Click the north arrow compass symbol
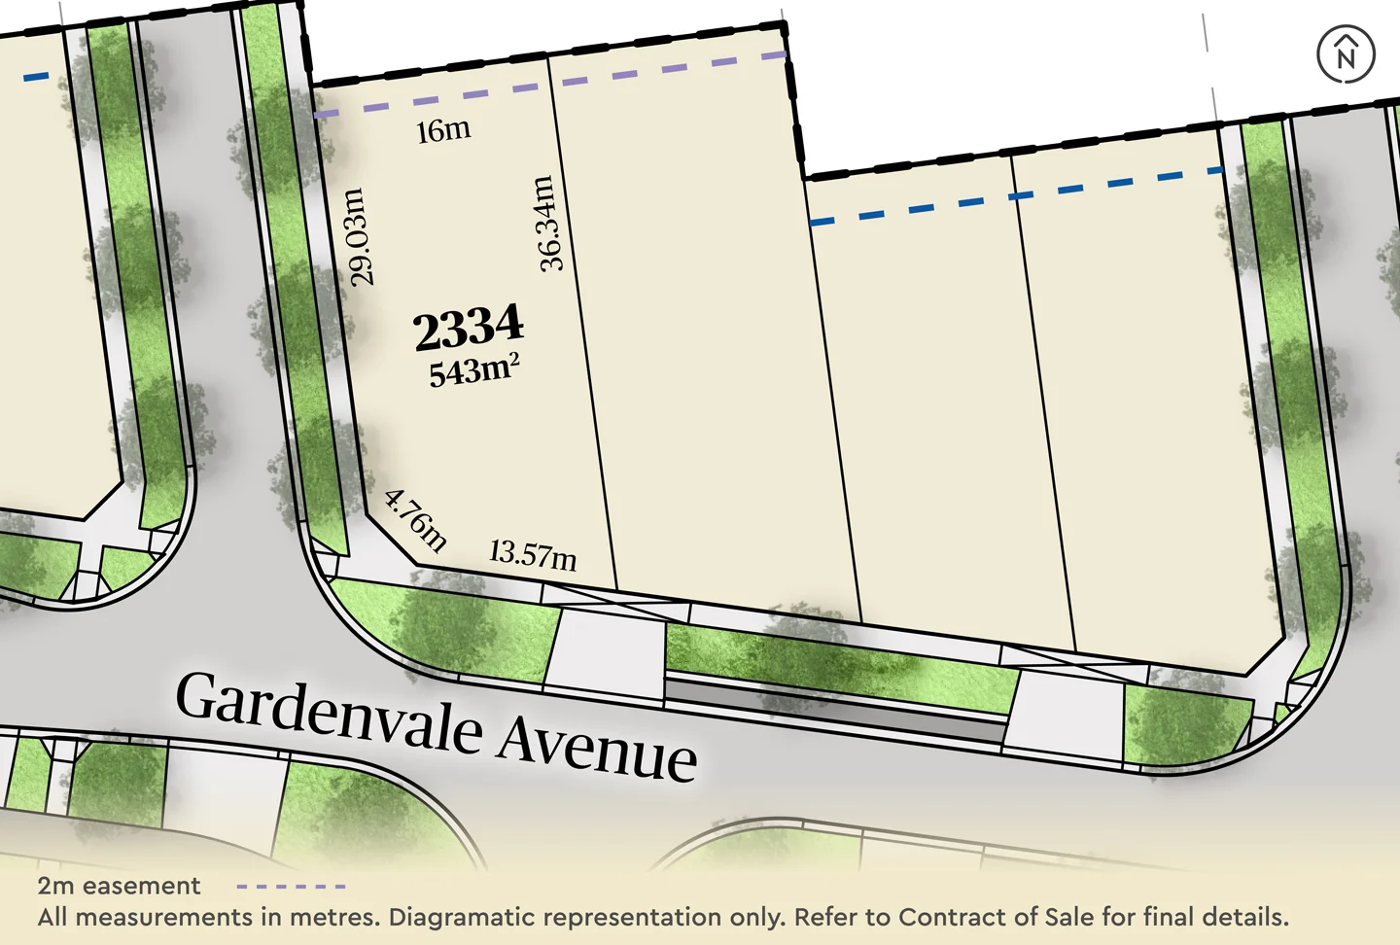1346,54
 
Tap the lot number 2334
469,328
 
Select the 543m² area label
473,370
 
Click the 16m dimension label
443,130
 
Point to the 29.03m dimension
359,237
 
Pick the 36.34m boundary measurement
548,223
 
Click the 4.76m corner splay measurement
416,520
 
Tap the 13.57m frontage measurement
533,554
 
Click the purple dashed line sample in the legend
292,887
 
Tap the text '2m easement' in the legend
119,886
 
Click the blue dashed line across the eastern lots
1016,196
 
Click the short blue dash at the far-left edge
35,76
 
